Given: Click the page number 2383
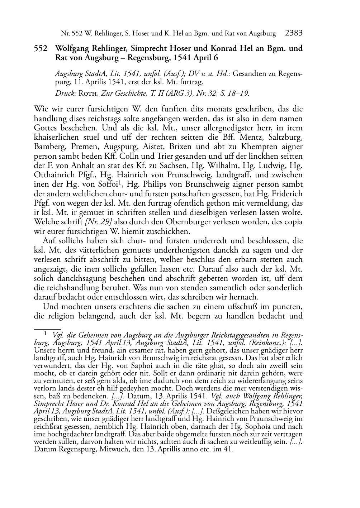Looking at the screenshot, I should click(294, 33).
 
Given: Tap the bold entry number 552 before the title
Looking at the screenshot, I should click(41, 48).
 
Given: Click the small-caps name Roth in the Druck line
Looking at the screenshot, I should click(87, 94).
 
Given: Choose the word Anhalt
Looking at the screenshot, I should click(81, 166).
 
